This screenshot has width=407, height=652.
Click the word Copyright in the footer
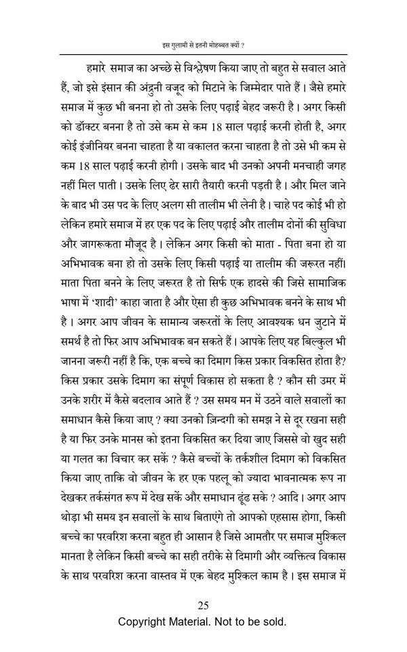click(146, 621)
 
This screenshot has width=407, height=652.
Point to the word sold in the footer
click(275, 621)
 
